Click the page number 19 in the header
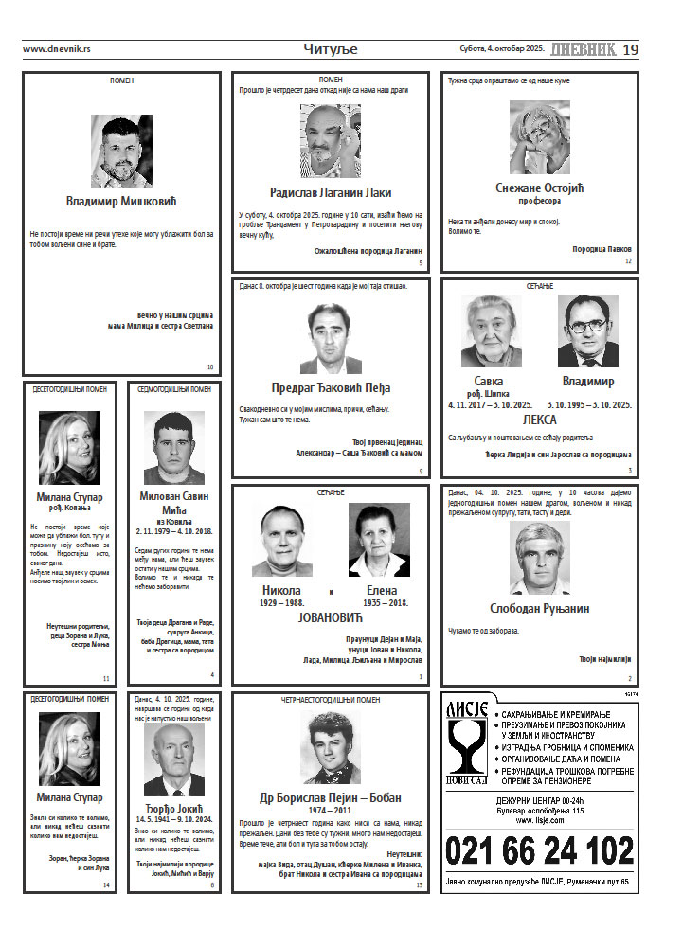pos(631,49)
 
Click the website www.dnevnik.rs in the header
pos(56,49)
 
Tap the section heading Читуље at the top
pos(331,49)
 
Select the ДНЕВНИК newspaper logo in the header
pos(583,49)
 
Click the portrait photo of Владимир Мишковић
pos(121,151)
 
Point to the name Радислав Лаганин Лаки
pos(330,192)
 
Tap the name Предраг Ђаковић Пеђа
pos(330,387)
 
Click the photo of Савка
pos(491,331)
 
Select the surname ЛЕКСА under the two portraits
pos(539,419)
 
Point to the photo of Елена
pos(379,540)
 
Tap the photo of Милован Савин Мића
pos(174,448)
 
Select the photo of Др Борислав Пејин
pos(331,747)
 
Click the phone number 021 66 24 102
pos(539,849)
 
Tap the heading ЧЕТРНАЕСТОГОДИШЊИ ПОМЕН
pos(331,700)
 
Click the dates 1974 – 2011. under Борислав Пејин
pos(331,812)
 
